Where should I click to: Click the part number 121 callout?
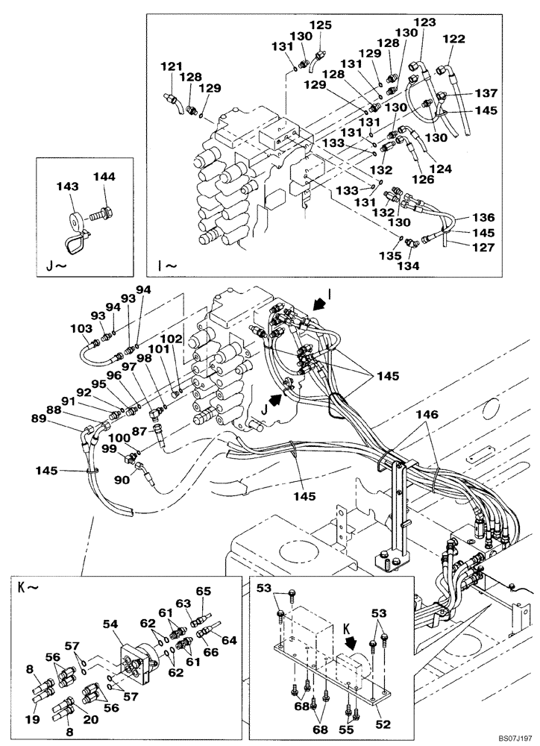point(172,67)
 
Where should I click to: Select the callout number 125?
point(320,25)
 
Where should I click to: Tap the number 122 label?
point(453,39)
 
